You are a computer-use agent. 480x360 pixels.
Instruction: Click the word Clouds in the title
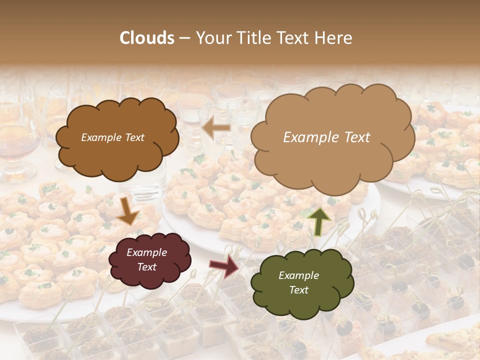coord(147,38)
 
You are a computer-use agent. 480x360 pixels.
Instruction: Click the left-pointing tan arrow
coord(216,128)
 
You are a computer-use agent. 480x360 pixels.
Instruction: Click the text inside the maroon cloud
coord(146,259)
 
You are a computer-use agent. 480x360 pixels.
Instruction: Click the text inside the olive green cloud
coord(298,282)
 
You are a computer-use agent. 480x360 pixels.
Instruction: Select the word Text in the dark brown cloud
coord(133,137)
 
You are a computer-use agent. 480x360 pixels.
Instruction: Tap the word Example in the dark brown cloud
coord(100,137)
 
